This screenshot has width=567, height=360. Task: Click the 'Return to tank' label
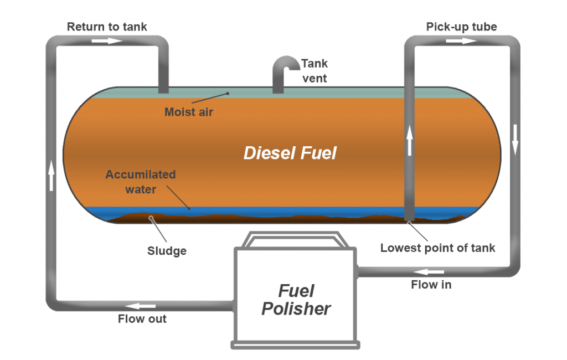coord(107,27)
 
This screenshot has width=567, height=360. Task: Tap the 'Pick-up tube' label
coord(461,27)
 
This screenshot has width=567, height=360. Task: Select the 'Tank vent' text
coord(314,71)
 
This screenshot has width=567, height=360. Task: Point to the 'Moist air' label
coord(188,112)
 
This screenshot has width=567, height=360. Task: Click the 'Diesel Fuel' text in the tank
coord(290,153)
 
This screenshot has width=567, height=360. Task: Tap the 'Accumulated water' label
coord(141,182)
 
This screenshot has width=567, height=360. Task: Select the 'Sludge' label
coord(167,251)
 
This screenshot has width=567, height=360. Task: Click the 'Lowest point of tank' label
coord(437,248)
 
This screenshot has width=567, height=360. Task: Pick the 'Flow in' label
coord(431,285)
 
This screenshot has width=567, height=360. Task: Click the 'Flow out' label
coord(142,319)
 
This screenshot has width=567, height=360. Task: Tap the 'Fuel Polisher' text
coord(296,300)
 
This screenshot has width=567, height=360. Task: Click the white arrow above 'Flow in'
coord(429,272)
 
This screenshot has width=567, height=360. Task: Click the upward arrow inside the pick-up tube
coord(410,141)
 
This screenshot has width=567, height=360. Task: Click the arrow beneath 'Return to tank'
coord(107,41)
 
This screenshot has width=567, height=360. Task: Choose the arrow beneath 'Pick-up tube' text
coord(461,41)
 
